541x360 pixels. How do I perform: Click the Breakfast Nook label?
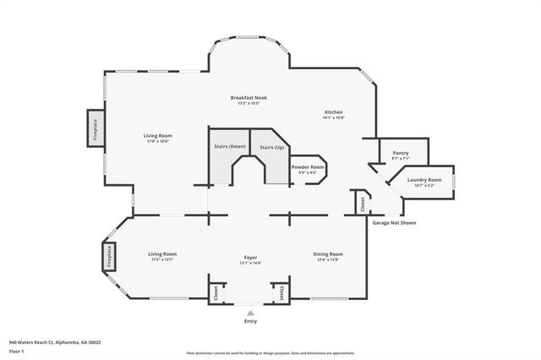tap(250, 98)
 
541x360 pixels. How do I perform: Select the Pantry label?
tap(400, 153)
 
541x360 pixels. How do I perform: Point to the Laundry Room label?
tap(424, 180)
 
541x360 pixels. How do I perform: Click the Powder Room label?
tap(308, 167)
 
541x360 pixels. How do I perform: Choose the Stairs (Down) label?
tap(230, 147)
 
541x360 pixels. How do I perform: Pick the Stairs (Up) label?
tap(272, 147)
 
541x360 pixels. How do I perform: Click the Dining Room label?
tap(329, 254)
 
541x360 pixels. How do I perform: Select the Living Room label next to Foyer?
tap(162, 254)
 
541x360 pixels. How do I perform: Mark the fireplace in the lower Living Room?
tap(109, 256)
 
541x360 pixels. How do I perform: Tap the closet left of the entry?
tap(216, 292)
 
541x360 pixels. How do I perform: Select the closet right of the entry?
tap(280, 292)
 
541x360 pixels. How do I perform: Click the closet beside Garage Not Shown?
tap(362, 203)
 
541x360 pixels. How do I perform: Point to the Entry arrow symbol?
tap(249, 312)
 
